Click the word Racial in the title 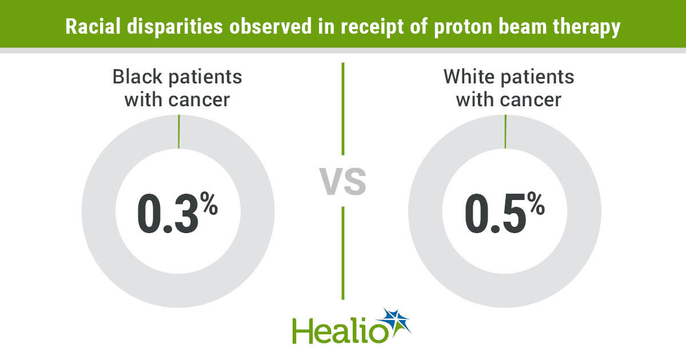93,26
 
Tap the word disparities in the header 175,27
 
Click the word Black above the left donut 137,77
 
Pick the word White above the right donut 469,77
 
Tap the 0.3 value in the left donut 168,213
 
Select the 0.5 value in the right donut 496,213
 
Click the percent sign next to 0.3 209,203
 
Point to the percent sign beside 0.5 536,203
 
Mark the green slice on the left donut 179,131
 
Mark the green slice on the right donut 505,131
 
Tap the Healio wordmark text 341,331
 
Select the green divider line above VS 343,109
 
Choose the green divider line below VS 343,253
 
